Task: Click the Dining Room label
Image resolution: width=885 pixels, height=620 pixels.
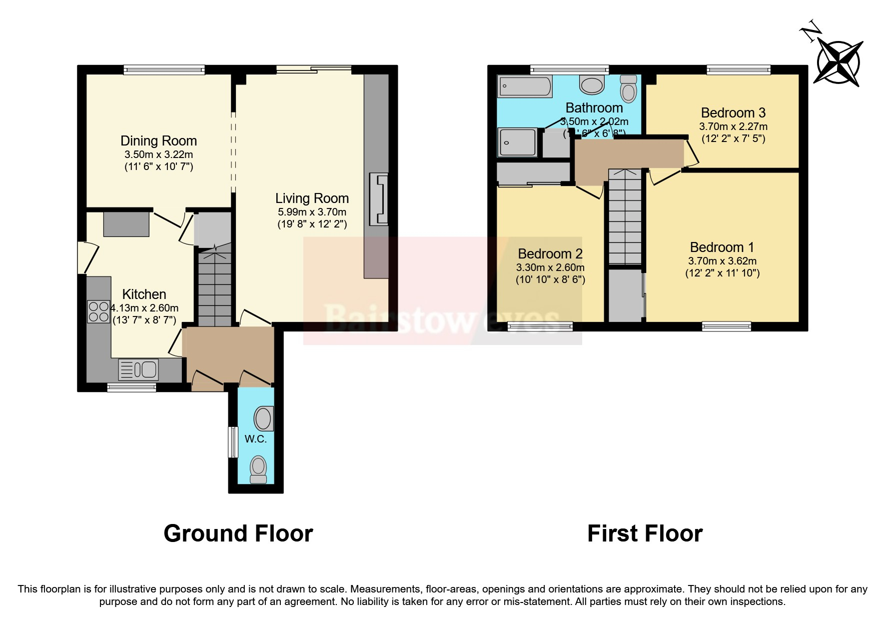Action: (158, 141)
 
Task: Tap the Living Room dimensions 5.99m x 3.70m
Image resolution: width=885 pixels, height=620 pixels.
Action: (312, 212)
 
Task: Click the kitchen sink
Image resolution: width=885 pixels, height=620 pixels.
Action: (138, 369)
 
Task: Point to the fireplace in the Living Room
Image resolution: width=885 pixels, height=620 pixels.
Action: (378, 199)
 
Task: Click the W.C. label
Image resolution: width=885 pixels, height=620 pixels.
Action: (255, 439)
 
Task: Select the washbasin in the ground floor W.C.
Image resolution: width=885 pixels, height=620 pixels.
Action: (264, 418)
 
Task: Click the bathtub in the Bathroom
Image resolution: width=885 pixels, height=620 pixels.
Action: (524, 86)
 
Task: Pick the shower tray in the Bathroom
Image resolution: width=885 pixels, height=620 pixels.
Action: (517, 142)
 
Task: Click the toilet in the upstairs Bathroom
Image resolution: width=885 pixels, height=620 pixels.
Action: (628, 88)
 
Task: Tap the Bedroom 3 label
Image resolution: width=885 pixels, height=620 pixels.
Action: (733, 112)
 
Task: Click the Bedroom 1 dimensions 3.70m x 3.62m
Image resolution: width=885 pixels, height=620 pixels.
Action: (722, 261)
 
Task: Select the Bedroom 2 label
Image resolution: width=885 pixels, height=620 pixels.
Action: (550, 254)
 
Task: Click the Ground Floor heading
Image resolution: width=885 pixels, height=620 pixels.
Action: (238, 533)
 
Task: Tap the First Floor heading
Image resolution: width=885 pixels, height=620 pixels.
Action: (645, 533)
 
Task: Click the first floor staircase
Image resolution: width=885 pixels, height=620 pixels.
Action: (625, 217)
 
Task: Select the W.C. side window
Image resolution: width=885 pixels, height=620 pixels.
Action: (232, 441)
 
